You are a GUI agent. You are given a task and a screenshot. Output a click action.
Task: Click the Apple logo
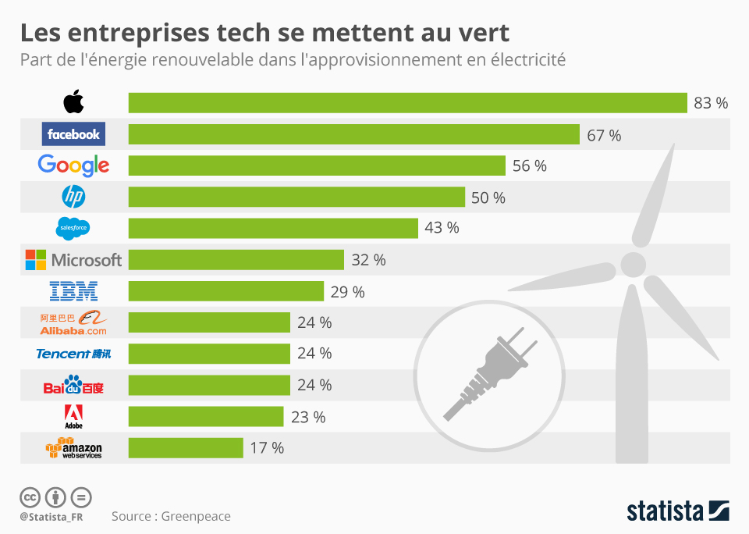click(x=73, y=102)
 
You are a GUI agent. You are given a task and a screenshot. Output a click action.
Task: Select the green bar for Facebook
click(x=353, y=134)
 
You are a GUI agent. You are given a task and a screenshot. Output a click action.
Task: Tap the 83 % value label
click(x=710, y=103)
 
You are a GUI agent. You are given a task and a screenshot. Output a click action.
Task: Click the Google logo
click(x=73, y=165)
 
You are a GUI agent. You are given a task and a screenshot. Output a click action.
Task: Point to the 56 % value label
click(x=529, y=166)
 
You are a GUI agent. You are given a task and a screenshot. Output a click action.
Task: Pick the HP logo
click(x=73, y=196)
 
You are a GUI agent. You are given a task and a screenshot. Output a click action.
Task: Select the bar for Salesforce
click(x=273, y=228)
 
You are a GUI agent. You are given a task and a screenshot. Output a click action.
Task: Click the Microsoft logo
click(x=73, y=259)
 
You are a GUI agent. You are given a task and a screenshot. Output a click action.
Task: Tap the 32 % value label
click(x=368, y=260)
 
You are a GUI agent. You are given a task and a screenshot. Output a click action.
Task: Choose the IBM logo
click(x=73, y=291)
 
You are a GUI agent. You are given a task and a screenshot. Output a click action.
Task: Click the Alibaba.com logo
click(x=73, y=322)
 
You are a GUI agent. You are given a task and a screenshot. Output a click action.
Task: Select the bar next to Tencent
click(x=209, y=354)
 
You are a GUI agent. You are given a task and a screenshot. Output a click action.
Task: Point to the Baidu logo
click(x=73, y=385)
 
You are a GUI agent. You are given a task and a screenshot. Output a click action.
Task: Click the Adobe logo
click(x=73, y=417)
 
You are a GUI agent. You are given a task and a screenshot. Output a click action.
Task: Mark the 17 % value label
click(x=267, y=448)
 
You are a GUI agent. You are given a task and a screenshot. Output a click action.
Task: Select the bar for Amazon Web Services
click(x=186, y=448)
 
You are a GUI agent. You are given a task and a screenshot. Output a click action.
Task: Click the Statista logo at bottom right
click(x=677, y=511)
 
